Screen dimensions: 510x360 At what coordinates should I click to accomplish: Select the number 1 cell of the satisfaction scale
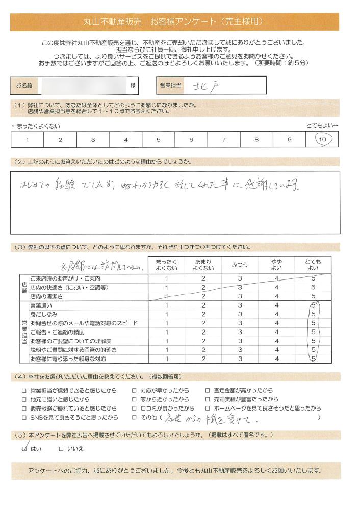pyautogui.click(x=27, y=139)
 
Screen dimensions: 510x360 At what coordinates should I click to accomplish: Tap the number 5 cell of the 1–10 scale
pyautogui.click(x=159, y=139)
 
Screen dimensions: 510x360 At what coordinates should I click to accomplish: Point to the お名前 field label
pyautogui.click(x=24, y=86)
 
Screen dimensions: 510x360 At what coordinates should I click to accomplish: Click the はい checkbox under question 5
pyautogui.click(x=24, y=449)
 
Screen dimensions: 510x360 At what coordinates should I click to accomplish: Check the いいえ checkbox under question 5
pyautogui.click(x=61, y=449)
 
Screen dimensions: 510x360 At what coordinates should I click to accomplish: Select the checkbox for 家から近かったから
pyautogui.click(x=135, y=399)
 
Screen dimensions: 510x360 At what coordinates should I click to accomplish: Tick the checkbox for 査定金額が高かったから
pyautogui.click(x=208, y=390)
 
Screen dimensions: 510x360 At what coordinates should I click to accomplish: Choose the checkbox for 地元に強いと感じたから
pyautogui.click(x=24, y=399)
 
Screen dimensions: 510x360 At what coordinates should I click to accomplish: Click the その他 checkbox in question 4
pyautogui.click(x=135, y=418)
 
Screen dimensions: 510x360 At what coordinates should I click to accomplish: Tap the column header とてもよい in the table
pyautogui.click(x=313, y=265)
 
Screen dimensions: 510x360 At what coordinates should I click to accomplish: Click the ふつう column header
pyautogui.click(x=240, y=265)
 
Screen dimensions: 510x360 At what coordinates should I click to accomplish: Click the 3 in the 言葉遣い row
pyautogui.click(x=240, y=305)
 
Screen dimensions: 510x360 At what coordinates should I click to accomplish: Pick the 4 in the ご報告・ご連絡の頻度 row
pyautogui.click(x=276, y=332)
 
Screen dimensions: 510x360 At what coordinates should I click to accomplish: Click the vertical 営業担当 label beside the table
pyautogui.click(x=24, y=332)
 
